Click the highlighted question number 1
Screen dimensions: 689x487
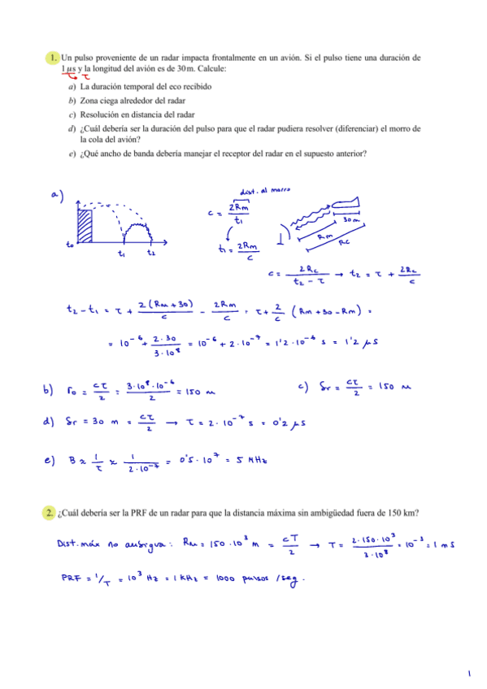(x=52, y=58)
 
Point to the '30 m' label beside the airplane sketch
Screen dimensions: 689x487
(x=350, y=220)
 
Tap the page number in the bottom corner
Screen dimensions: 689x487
(x=470, y=674)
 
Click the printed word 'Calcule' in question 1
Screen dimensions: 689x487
(x=209, y=69)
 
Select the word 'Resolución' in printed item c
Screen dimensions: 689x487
(x=102, y=115)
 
